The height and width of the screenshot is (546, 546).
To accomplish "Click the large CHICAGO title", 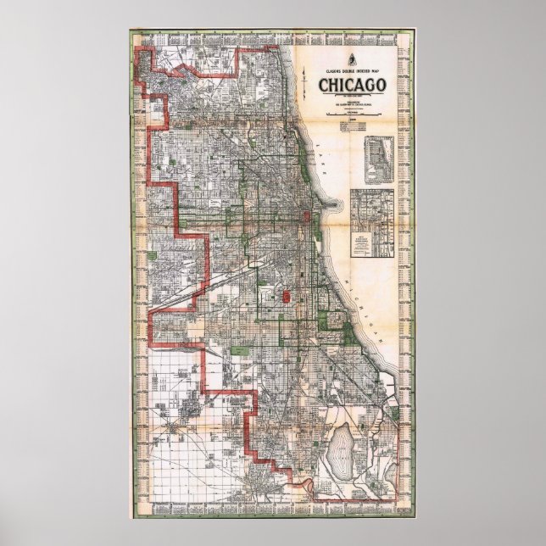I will [x=353, y=85].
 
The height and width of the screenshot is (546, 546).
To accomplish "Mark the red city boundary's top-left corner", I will [x=150, y=53].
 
